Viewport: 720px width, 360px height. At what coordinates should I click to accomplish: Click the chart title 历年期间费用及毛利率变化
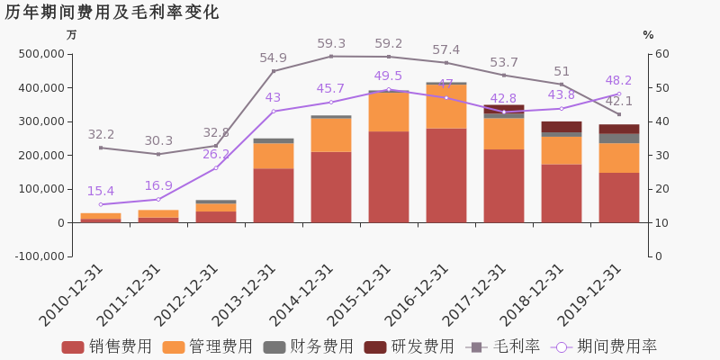(112, 13)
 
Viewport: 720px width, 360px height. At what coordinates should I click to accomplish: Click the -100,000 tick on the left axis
(37, 256)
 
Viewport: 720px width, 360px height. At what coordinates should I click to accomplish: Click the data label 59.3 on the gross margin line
(331, 43)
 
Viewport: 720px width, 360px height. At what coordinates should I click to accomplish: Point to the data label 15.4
(101, 192)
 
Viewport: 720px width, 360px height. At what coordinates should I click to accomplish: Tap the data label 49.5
(389, 76)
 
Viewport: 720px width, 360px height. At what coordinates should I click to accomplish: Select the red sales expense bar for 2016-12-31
(446, 175)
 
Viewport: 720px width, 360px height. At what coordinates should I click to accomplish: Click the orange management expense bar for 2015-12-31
(389, 112)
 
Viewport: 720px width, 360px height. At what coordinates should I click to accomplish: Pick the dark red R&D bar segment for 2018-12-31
(562, 127)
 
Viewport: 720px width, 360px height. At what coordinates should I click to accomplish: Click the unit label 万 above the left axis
(72, 35)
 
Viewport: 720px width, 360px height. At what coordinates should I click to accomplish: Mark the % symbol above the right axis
(648, 35)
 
